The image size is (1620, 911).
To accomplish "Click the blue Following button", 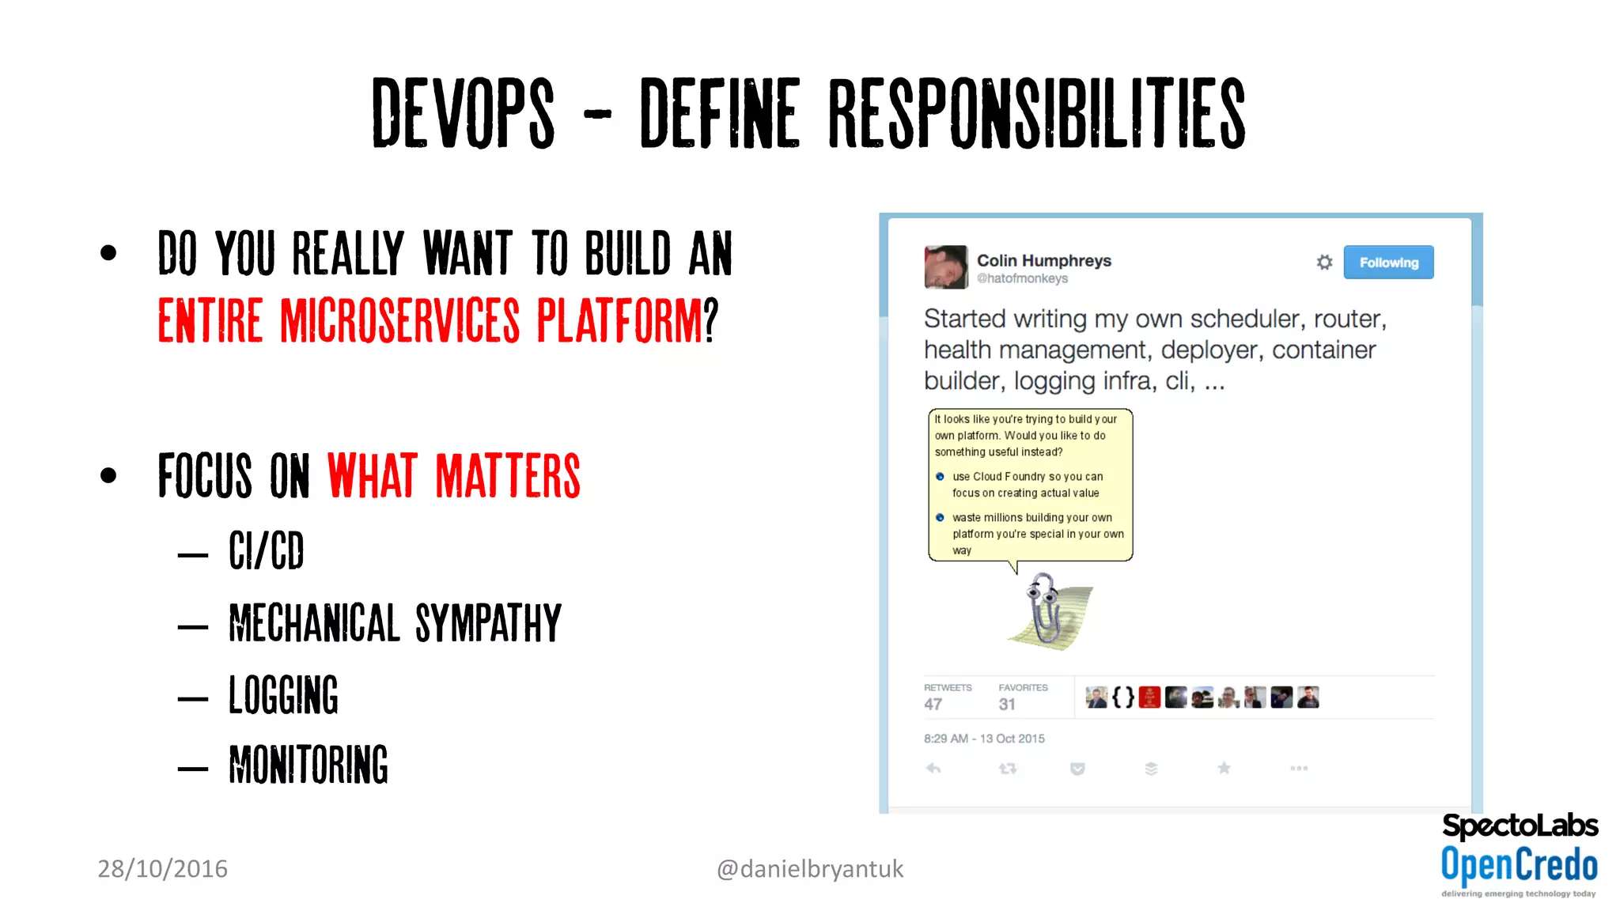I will coord(1388,263).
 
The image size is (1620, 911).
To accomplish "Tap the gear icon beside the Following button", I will coord(1324,262).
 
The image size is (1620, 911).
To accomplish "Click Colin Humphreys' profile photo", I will coord(945,267).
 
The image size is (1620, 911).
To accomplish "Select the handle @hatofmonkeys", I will coord(1022,278).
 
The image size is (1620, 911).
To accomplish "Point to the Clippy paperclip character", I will coord(1045,609).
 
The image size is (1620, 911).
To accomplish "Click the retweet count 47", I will coord(933,704).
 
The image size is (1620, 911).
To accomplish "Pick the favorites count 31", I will coord(1007,704).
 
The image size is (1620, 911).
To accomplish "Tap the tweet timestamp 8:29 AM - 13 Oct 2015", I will coord(984,739).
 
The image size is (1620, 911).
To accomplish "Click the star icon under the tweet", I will coord(1224,768).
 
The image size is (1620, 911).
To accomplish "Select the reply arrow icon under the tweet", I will coord(933,768).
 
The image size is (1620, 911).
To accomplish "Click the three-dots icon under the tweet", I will coord(1299,768).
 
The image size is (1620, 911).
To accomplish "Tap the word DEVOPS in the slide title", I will coord(464,113).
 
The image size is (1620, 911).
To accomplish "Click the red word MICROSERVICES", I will coord(400,321).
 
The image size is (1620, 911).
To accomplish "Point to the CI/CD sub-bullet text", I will coord(267,550).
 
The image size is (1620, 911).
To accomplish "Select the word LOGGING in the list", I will coord(283,695).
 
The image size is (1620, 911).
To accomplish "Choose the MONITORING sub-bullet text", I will coord(308,765).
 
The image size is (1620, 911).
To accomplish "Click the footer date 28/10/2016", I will coord(162,868).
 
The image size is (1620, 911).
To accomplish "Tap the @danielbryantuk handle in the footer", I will coord(809,869).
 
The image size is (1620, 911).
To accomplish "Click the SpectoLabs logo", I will coord(1520,826).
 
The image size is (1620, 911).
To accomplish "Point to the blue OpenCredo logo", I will coord(1519,864).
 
